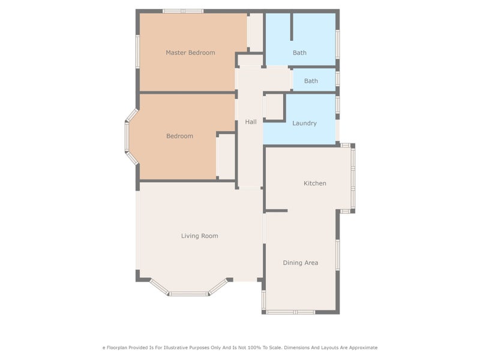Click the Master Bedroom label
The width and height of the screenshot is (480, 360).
pyautogui.click(x=190, y=53)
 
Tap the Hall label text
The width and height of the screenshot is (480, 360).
pyautogui.click(x=251, y=122)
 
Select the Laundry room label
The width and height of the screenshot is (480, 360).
pyautogui.click(x=304, y=124)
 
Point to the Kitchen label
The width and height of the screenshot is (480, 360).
pyautogui.click(x=314, y=184)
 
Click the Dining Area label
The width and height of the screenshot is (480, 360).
pyautogui.click(x=300, y=263)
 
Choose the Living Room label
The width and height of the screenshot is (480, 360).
pyautogui.click(x=199, y=236)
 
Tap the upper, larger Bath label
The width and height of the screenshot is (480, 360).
pyautogui.click(x=299, y=53)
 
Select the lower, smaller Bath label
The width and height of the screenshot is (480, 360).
pyautogui.click(x=311, y=81)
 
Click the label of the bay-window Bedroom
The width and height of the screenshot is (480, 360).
pyautogui.click(x=179, y=136)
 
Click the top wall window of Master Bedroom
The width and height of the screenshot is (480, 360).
pyautogui.click(x=183, y=11)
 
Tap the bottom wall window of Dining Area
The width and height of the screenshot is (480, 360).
pyautogui.click(x=290, y=312)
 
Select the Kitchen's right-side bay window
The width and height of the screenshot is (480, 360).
pyautogui.click(x=353, y=178)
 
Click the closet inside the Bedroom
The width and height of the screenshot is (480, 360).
pyautogui.click(x=226, y=156)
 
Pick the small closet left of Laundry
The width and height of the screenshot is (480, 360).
pyautogui.click(x=274, y=107)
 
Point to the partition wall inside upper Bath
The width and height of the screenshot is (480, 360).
pyautogui.click(x=292, y=26)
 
